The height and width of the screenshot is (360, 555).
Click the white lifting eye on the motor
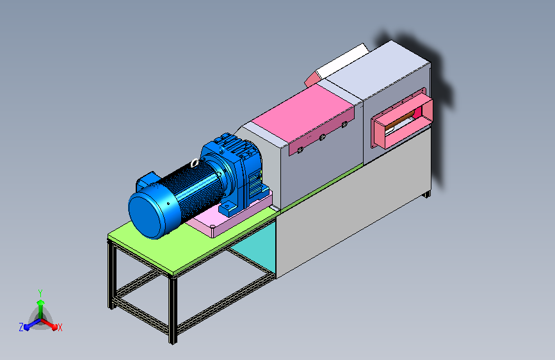(195, 163)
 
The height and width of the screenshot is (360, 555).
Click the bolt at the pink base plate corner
(213, 226)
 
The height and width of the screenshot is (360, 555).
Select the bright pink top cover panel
(303, 113)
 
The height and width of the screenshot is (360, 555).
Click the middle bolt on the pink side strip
(322, 138)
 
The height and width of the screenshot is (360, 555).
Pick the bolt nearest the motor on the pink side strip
(300, 151)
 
